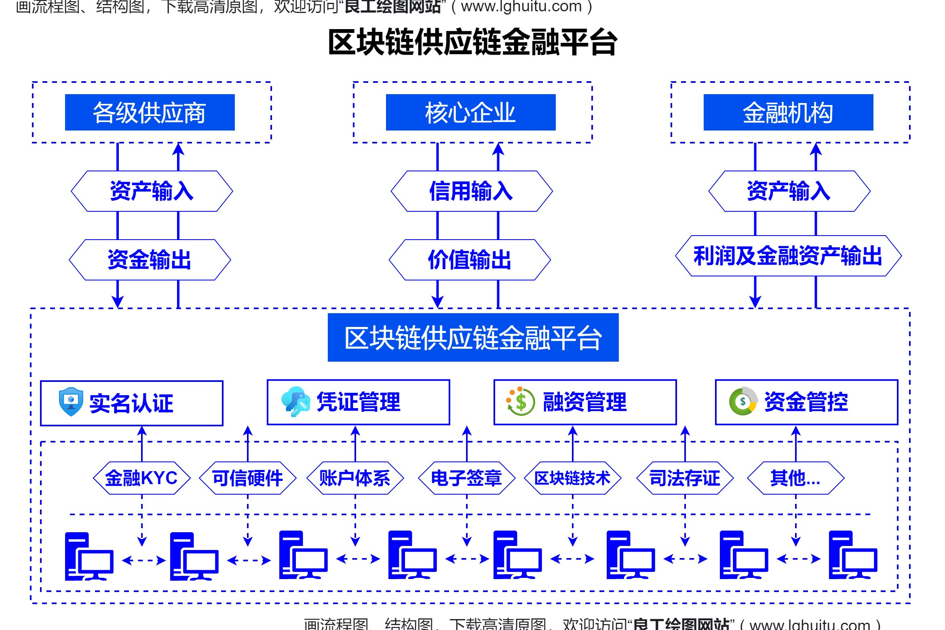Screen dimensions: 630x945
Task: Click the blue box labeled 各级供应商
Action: coord(150,112)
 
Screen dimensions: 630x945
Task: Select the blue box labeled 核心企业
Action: coord(470,112)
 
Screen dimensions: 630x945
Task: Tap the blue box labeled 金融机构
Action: coord(788,112)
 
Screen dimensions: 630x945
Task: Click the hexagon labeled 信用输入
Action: coord(471,191)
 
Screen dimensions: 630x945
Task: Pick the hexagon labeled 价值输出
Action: coord(470,260)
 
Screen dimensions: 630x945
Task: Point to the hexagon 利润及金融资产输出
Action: coord(788,256)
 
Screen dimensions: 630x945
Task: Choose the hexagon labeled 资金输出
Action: coord(150,260)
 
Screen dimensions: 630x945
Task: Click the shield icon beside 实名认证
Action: coord(71,402)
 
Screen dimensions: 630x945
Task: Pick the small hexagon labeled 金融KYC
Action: coord(141,478)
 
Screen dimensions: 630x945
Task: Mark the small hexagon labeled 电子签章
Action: coord(466,478)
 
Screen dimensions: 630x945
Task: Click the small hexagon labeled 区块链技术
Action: coord(572,478)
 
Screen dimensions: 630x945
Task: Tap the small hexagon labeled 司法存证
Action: coord(685,478)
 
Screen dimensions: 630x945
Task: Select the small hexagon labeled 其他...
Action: coord(795,478)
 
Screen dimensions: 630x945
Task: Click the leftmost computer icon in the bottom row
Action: coord(89,556)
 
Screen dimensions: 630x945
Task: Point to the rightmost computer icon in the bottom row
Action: coord(852,555)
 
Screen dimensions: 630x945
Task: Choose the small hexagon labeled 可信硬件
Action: coord(247,478)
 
